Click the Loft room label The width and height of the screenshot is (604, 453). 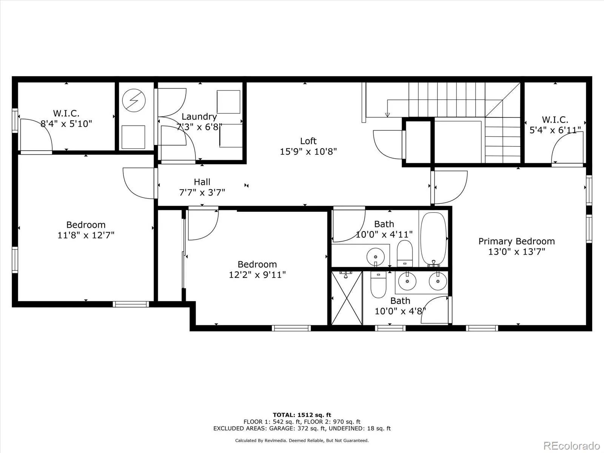tap(308, 141)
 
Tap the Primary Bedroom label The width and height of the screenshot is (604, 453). tap(516, 241)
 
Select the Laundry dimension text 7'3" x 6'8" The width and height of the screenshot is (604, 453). tap(199, 127)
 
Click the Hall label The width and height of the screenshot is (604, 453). tap(202, 182)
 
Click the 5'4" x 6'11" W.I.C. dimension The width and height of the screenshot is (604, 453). tap(555, 130)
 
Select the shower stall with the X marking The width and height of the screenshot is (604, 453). tap(347, 298)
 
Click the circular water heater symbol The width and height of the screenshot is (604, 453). tap(134, 100)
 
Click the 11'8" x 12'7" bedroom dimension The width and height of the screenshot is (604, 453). tap(86, 235)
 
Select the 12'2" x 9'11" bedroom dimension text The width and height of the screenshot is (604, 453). tap(257, 275)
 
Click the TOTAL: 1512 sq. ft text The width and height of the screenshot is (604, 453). tap(302, 415)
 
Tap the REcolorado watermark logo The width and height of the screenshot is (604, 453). tap(572, 445)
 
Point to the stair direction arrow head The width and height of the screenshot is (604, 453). tap(387, 115)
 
